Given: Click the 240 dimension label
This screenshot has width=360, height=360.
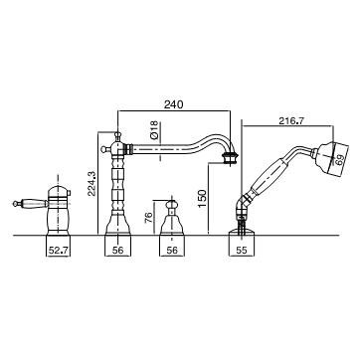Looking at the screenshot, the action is coord(173,104).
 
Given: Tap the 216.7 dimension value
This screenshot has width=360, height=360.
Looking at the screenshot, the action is coord(291,121).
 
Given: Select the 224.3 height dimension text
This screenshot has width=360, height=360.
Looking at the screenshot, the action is coord(91,183).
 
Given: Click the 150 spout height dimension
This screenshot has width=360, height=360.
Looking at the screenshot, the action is coord(203,198).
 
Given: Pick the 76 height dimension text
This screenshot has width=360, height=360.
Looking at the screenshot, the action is coord(149,217).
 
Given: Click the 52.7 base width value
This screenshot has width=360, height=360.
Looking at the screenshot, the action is coord(58,251).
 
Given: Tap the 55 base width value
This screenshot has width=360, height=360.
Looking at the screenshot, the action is coord(242,251).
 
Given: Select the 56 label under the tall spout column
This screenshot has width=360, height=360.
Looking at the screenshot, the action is coord(117,251).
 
